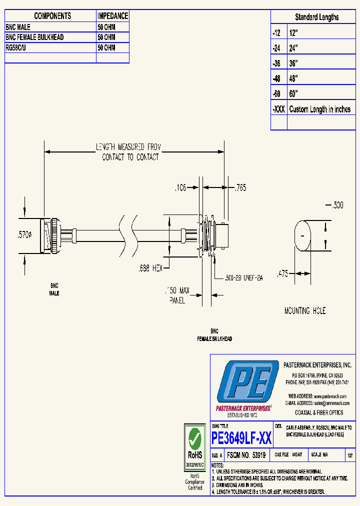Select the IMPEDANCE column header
pos(112,16)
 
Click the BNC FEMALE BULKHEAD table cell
pos(35,37)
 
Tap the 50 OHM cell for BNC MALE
pos(106,27)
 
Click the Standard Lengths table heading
pos(316,17)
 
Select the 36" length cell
pos(293,63)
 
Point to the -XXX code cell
pos(279,109)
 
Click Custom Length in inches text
pos(320,109)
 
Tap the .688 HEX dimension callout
pos(151,268)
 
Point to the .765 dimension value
pos(240,188)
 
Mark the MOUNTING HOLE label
pos(304,310)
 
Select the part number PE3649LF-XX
pos(242,438)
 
